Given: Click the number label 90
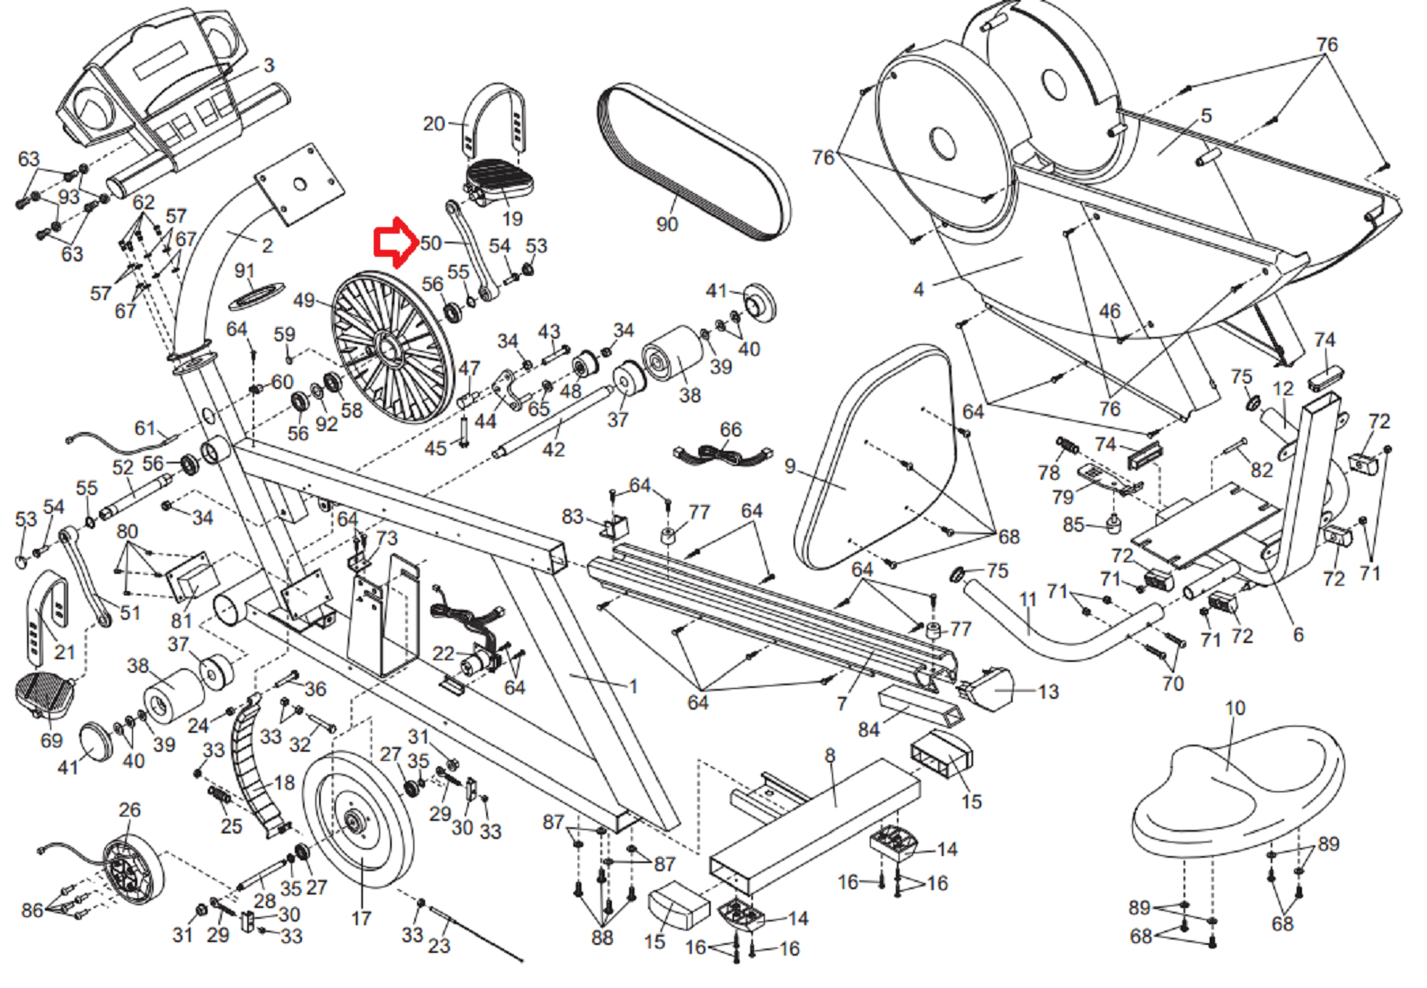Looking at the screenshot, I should [667, 224].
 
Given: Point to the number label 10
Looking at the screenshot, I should [1236, 708].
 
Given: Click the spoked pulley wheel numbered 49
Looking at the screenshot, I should [388, 347].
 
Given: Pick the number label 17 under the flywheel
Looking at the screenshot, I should [361, 918].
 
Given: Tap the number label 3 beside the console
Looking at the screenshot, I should [269, 66].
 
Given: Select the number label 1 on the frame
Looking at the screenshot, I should [633, 686].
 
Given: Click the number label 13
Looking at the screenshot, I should [1048, 692].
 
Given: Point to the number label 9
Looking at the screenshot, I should [790, 466].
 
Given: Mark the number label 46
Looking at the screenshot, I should [1110, 311].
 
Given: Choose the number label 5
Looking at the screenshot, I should [1207, 116].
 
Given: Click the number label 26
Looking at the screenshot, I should [129, 809].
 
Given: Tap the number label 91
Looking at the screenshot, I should [244, 270].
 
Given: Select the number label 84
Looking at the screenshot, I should [868, 729].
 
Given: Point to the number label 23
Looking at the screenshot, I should [439, 945].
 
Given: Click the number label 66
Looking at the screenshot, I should [731, 429].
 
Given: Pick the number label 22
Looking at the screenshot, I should [444, 653].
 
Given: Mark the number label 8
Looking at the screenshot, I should [829, 755].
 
